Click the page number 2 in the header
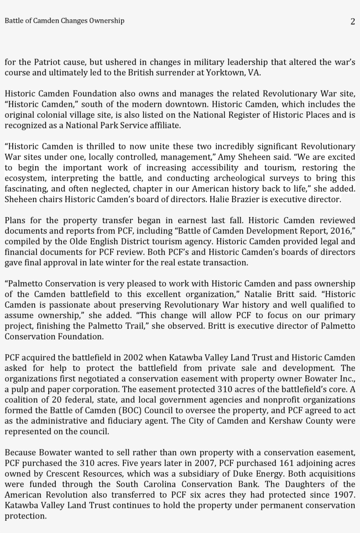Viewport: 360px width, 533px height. tap(353, 22)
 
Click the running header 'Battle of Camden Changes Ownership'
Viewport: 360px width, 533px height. tap(65, 21)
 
